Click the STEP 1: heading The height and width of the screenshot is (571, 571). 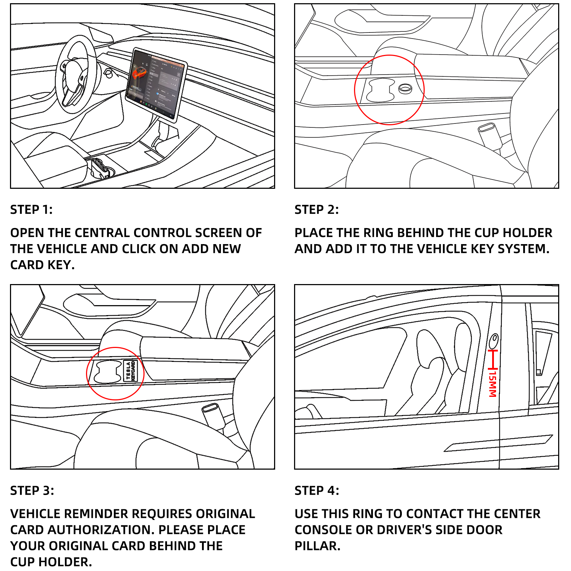31,209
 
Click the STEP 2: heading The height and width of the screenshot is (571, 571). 316,209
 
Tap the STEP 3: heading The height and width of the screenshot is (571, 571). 32,490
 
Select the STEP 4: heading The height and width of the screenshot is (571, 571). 317,490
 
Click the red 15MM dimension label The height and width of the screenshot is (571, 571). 492,384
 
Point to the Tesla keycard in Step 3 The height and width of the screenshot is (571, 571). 131,371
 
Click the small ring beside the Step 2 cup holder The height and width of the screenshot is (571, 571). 405,89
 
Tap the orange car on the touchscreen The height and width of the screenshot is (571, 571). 139,74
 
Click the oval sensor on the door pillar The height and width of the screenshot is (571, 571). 494,340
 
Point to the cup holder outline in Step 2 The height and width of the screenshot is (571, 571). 381,90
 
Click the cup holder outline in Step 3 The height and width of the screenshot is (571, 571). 107,372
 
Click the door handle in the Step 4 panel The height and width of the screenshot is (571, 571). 498,444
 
